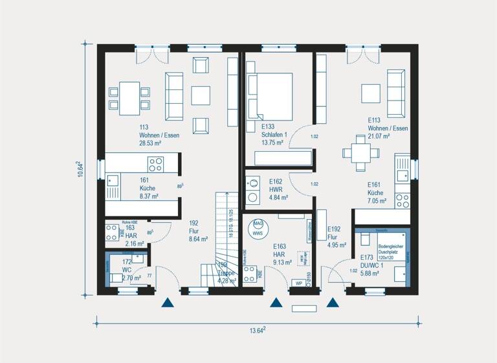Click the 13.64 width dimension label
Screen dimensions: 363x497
coord(258,331)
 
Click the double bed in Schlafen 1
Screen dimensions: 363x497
coord(269,94)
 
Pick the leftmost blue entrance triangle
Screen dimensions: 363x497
coord(168,301)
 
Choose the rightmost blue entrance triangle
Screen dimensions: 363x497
coord(333,301)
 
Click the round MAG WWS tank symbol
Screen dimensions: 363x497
coord(258,227)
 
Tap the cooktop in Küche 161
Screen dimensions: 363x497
coord(155,163)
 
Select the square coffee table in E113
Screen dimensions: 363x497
coord(371,93)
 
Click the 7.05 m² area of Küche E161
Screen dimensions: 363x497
coord(378,201)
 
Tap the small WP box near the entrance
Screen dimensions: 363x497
coord(298,283)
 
